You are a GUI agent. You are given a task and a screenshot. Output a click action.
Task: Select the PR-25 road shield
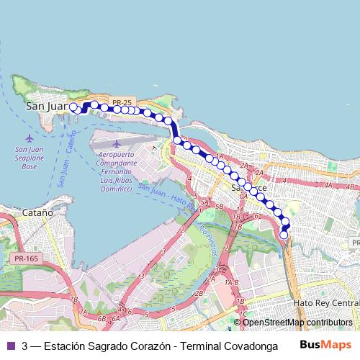tap(123, 103)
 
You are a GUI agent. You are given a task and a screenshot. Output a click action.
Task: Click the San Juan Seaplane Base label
tap(29, 158)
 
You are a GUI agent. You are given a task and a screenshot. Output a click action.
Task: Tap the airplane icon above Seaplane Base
tap(29, 138)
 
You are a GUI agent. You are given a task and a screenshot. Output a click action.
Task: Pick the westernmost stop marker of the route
tap(73, 107)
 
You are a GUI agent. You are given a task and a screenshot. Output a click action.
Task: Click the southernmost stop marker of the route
tap(284, 235)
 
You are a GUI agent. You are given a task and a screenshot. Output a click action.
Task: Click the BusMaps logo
tap(325, 344)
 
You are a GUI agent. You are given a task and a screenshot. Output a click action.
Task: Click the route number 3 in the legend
tap(26, 345)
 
